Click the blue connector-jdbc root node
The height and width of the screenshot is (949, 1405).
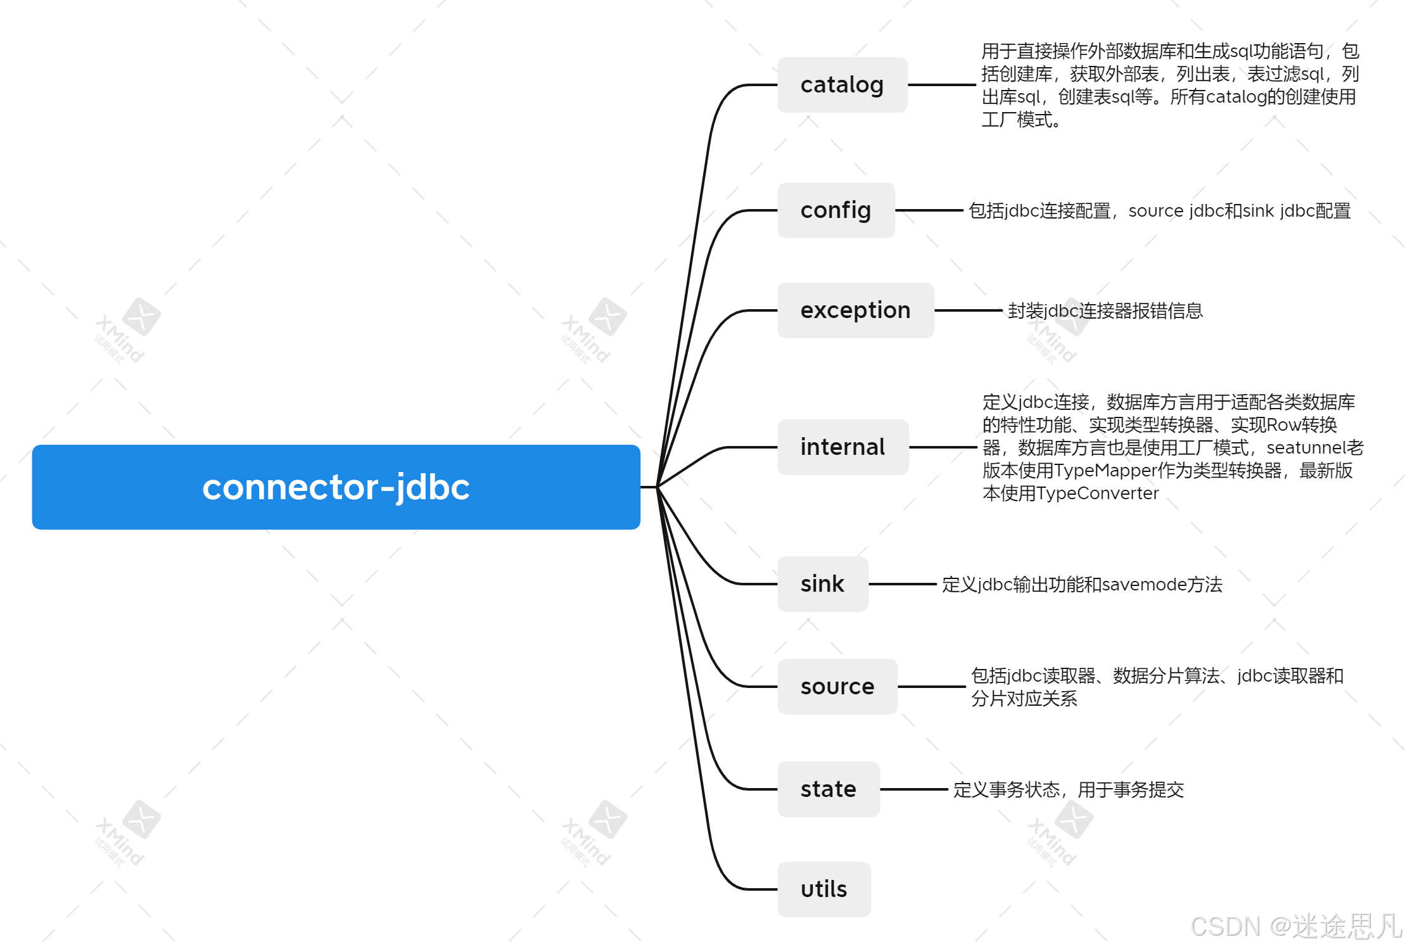(336, 487)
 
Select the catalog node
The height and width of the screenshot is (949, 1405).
(842, 85)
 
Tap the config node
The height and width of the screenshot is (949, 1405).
(836, 210)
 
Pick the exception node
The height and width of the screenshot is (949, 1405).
(856, 310)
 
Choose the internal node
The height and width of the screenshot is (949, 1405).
(843, 447)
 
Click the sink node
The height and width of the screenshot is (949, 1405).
(823, 584)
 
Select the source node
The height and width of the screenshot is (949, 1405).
(837, 687)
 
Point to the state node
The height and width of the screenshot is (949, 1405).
(829, 789)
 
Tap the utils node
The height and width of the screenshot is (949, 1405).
(824, 889)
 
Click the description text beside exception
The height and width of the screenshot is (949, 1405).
(1105, 310)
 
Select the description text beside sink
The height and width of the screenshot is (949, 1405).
(1082, 584)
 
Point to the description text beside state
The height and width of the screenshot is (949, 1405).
(1069, 789)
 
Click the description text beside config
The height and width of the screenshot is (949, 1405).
(1160, 210)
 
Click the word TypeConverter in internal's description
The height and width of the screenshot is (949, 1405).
(1106, 494)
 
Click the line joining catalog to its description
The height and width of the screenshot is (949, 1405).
(942, 85)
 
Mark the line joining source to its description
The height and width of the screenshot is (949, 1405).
(932, 687)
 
